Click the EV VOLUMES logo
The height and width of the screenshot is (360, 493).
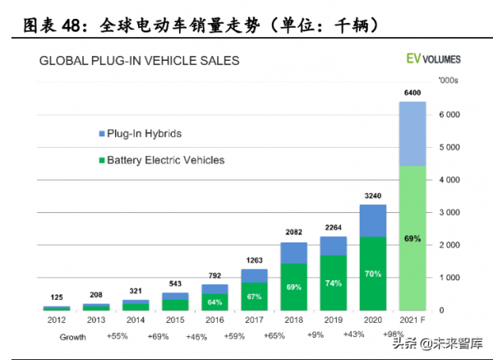click(x=433, y=60)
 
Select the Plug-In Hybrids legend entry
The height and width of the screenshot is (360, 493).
click(x=139, y=133)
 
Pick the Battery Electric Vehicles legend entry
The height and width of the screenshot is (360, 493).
click(x=159, y=160)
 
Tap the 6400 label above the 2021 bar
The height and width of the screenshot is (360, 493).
click(x=412, y=93)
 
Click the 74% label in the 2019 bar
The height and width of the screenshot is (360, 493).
click(x=333, y=282)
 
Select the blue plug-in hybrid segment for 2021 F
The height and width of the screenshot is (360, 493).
click(x=412, y=134)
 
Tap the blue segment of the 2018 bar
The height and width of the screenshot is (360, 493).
click(x=293, y=253)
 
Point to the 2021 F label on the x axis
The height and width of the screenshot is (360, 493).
click(x=412, y=320)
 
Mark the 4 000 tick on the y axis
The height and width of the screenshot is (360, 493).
click(x=450, y=180)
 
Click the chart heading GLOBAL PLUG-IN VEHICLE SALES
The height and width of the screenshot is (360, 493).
click(x=140, y=60)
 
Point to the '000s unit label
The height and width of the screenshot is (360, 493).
click(x=449, y=81)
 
